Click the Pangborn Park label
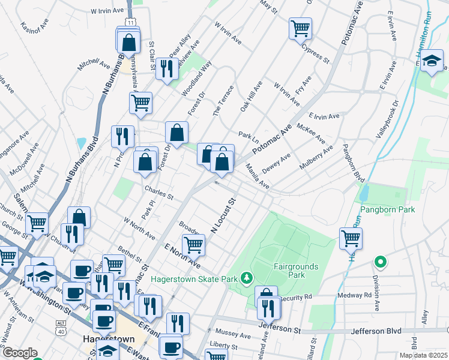pyautogui.click(x=388, y=210)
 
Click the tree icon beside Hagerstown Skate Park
pyautogui.click(x=246, y=278)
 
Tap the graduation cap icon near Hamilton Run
pyautogui.click(x=431, y=60)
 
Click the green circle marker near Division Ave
pyautogui.click(x=379, y=262)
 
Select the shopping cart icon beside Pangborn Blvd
pyautogui.click(x=351, y=237)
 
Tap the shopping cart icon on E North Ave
pyautogui.click(x=193, y=244)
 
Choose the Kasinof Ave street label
pyautogui.click(x=34, y=27)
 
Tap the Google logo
pyautogui.click(x=20, y=353)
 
